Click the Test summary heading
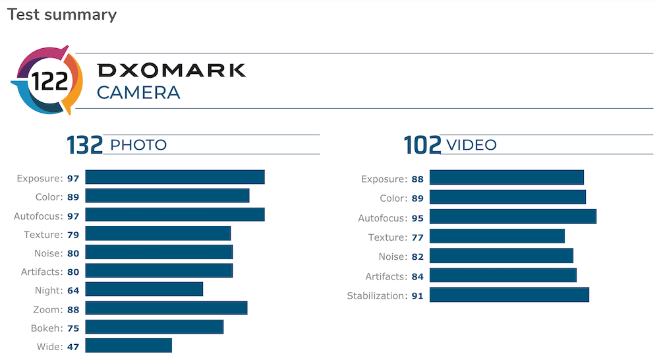[x=61, y=15]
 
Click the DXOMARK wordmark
[x=171, y=71]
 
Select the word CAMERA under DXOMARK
[x=138, y=92]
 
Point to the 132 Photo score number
[x=84, y=145]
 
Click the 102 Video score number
[x=422, y=145]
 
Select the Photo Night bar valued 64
[x=144, y=289]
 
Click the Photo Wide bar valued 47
[x=129, y=345]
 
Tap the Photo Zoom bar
[x=166, y=308]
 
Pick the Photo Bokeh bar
[x=154, y=327]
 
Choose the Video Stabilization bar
[x=509, y=295]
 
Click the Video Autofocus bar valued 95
[x=513, y=216]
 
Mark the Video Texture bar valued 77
[x=497, y=236]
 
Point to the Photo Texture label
[x=43, y=235]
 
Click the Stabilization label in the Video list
[x=376, y=295]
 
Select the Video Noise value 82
[x=417, y=256]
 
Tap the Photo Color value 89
[x=73, y=196]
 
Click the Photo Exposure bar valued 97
[x=175, y=177]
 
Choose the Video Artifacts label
[x=386, y=276]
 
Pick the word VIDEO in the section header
[x=472, y=145]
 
